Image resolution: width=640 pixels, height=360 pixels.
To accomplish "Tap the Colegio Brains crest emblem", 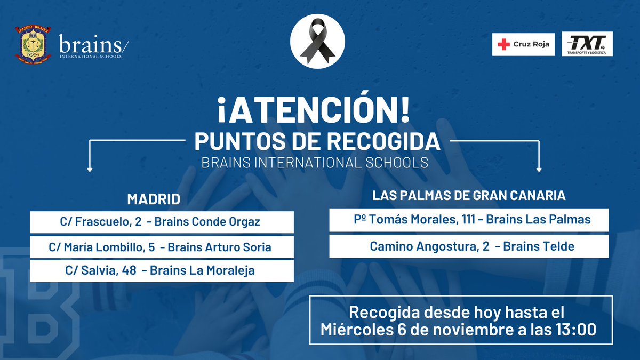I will tap(33, 44).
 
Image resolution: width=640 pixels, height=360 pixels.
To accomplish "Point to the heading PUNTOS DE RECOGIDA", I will tap(317, 142).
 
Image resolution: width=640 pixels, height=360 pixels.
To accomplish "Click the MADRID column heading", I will tap(154, 199).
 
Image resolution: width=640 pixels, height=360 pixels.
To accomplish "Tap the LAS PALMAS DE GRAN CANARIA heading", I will tap(469, 196).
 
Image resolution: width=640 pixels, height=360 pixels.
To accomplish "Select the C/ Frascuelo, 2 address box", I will tap(162, 222).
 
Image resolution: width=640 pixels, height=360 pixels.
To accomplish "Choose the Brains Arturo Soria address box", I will tap(162, 247).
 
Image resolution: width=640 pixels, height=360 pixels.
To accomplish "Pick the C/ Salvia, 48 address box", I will tap(162, 270).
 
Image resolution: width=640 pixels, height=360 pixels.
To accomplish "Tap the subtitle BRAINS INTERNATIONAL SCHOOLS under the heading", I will tap(315, 163).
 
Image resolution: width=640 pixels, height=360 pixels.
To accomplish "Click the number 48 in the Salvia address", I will tap(129, 270).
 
